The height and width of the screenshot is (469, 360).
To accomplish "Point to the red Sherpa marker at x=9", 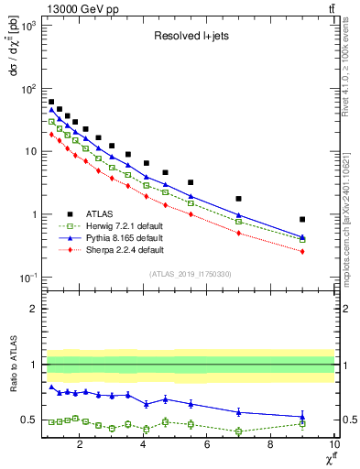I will pos(302,251).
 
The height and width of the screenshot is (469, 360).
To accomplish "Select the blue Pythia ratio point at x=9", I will pos(302,417).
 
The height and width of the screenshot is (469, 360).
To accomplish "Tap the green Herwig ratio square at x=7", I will pos(239,431).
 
